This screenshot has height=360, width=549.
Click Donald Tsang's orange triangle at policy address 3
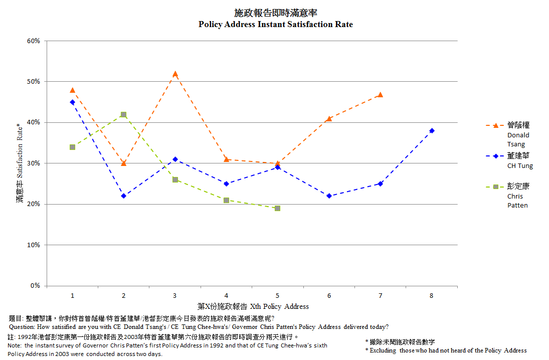pos(175,74)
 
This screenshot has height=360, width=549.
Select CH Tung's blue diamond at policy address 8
pos(432,130)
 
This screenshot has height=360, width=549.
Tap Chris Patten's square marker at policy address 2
pos(123,114)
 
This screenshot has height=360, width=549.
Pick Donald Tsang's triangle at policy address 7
pos(380,94)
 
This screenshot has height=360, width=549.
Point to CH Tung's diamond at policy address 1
pos(72,102)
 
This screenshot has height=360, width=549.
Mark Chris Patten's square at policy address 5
pos(277,208)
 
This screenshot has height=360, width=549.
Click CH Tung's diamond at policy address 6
pos(329,196)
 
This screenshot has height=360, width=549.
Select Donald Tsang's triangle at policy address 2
pos(123,163)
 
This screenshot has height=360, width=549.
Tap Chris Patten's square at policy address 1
pos(72,147)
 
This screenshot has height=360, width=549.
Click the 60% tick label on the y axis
pos(34,41)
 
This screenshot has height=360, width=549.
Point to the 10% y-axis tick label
pos(34,245)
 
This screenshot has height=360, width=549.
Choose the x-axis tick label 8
pos(432,296)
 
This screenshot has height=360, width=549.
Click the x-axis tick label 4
pos(226,296)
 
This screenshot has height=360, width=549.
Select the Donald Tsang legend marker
pos(496,125)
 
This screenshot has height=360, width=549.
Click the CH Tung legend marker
pos(496,156)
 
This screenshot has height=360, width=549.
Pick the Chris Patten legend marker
pos(496,187)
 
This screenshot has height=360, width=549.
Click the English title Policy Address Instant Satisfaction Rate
pos(275,24)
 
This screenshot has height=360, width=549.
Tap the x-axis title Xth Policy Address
pos(279,306)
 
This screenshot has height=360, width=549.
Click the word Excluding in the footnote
pos(384,350)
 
